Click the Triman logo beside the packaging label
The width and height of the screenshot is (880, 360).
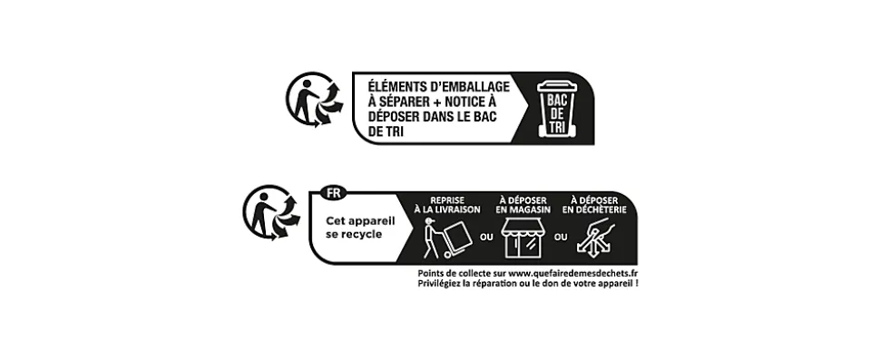(x=314, y=99)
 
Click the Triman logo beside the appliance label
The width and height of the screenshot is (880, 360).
(x=271, y=212)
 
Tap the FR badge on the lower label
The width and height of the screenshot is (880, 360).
(x=333, y=193)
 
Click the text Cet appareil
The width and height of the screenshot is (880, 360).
(x=360, y=221)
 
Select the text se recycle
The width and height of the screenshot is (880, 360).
(x=354, y=234)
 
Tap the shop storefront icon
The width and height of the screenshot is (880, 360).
(x=523, y=238)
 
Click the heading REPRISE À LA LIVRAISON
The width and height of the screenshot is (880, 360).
(x=447, y=205)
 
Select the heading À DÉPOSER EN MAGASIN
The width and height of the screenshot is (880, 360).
(x=523, y=205)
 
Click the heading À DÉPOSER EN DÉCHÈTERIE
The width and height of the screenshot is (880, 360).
(x=594, y=205)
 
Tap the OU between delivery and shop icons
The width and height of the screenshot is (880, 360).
(x=486, y=238)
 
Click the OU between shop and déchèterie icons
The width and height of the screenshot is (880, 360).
(x=561, y=238)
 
